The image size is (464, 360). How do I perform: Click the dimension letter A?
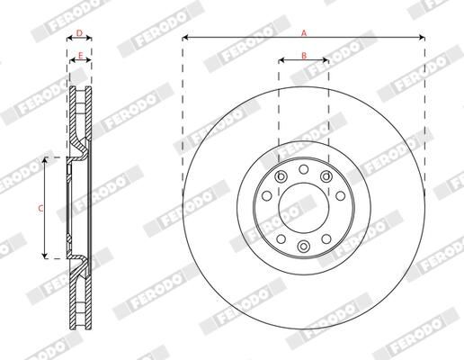click(x=304, y=32)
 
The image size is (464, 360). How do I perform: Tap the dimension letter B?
click(x=304, y=56)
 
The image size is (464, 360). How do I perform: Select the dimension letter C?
click(x=40, y=208)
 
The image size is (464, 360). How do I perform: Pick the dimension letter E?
click(x=79, y=56)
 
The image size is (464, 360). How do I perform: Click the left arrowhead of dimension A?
click(x=185, y=38)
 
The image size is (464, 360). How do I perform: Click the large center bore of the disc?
click(x=304, y=208)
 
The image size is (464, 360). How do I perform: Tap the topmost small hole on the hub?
click(x=304, y=168)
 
